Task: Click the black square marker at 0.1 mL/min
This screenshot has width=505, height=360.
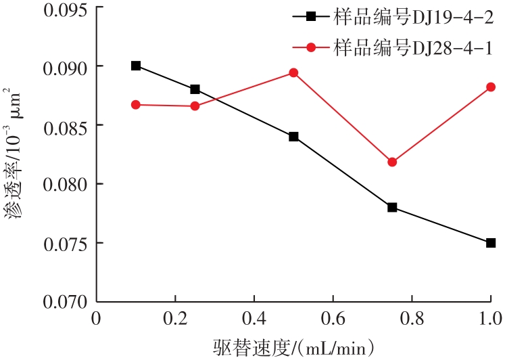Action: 136,66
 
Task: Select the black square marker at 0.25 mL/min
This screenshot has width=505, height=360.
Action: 195,89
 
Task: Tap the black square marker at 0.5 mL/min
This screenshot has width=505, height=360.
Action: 293,136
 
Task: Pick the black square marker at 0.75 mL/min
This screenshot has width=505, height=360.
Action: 392,207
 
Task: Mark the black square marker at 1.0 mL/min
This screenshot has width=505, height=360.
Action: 491,242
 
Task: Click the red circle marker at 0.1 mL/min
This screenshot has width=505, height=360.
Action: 136,105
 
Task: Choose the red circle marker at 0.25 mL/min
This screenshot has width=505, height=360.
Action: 195,106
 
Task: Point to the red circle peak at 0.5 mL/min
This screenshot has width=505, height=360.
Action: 293,72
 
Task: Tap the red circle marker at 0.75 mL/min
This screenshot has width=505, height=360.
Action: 392,162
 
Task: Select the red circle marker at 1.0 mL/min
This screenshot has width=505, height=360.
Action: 491,87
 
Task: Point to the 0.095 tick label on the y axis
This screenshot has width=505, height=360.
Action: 66,8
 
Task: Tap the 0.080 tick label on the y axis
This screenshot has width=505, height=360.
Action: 66,184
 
